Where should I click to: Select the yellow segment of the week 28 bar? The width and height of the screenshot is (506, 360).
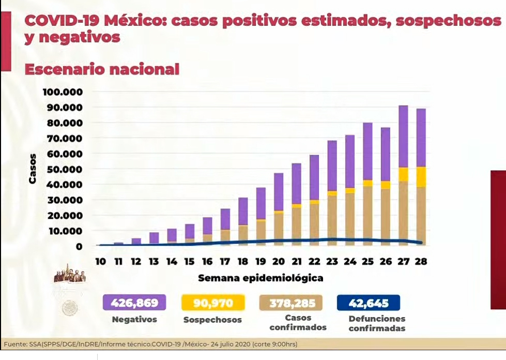tap(421, 176)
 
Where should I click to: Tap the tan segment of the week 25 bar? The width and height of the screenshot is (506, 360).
tap(368, 212)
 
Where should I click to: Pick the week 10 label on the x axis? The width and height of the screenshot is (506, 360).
tap(100, 262)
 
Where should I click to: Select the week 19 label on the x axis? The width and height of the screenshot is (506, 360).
tap(261, 262)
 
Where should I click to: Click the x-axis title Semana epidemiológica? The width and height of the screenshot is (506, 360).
tap(260, 278)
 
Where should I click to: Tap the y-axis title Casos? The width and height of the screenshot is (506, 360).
tap(33, 169)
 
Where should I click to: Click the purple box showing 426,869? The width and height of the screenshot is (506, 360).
tap(134, 302)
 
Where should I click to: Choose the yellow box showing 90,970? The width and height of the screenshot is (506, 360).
tap(212, 302)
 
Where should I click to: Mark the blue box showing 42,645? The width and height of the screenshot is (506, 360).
tap(369, 302)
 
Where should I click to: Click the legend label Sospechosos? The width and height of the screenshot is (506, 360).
tap(212, 320)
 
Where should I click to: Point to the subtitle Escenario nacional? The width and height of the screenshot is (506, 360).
tap(102, 69)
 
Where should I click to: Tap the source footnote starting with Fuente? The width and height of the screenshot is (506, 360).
tap(150, 344)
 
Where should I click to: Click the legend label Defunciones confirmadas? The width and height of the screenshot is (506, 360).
tap(377, 323)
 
